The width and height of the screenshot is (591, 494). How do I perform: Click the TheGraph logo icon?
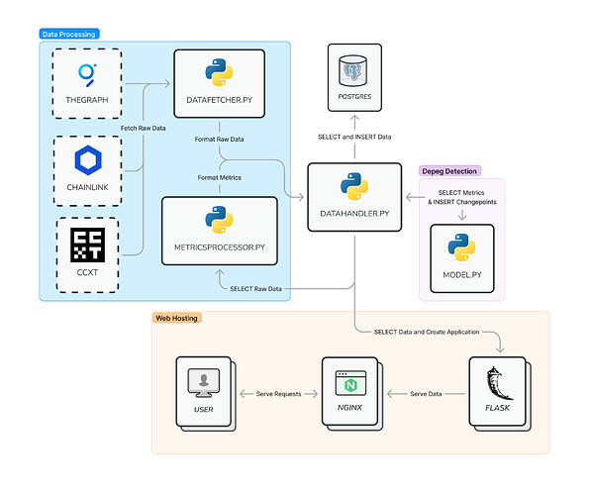tap(86, 75)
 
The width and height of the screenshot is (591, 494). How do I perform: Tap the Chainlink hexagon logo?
tap(86, 161)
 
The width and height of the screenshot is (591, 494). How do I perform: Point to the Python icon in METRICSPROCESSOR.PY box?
tap(219, 220)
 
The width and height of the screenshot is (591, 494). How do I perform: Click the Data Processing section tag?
tap(69, 35)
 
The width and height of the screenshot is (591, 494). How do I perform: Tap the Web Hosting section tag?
tap(177, 318)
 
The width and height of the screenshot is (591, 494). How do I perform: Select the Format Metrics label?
tap(218, 176)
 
